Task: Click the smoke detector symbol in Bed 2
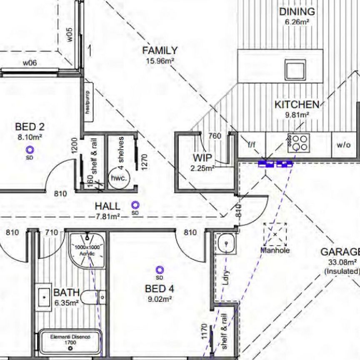tap(29, 150)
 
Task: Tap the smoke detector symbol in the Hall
tap(135, 205)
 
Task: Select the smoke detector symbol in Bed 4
tap(159, 270)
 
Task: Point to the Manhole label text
tap(275, 250)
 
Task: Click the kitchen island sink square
tap(295, 70)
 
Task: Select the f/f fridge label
tap(252, 145)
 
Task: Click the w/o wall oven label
tap(344, 145)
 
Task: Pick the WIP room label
tap(202, 157)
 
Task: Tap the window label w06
tap(30, 63)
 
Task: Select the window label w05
tap(70, 35)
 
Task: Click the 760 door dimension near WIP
tap(215, 136)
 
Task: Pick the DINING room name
tap(297, 11)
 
